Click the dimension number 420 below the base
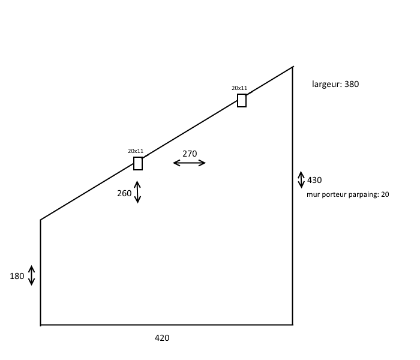tap(162, 338)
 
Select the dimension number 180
tap(17, 277)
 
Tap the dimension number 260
tap(124, 193)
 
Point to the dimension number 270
tap(190, 154)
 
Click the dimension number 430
tap(314, 180)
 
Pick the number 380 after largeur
tap(349, 84)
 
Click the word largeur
tap(325, 85)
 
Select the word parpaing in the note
tap(361, 194)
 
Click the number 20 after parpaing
tap(385, 194)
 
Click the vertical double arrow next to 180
tap(32, 275)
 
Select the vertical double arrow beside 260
tap(137, 192)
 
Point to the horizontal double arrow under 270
tap(189, 163)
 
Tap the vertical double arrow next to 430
tap(301, 180)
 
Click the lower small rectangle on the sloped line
tap(138, 164)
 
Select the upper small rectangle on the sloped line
tap(242, 100)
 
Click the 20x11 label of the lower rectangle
tap(136, 151)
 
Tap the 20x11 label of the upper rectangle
tap(239, 88)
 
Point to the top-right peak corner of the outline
tap(293, 67)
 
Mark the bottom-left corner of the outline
tap(41, 325)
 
